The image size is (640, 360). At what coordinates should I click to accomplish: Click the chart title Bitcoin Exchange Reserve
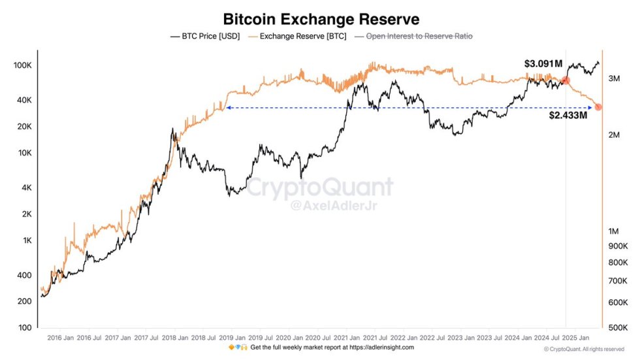pos(321,19)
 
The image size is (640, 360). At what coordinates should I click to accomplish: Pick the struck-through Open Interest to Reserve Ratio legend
pos(419,37)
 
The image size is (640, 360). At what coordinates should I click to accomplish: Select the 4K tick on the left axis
pos(25,188)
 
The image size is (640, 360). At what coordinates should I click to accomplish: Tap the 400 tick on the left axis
pos(24,275)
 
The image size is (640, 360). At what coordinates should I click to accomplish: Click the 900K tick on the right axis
pos(616,246)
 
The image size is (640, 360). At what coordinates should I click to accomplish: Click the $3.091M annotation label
pos(543,64)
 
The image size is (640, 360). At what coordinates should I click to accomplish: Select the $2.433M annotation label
pos(567,116)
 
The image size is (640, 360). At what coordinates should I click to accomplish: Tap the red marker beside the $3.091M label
pos(566,80)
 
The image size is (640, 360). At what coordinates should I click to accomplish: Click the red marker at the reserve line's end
pos(598,107)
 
